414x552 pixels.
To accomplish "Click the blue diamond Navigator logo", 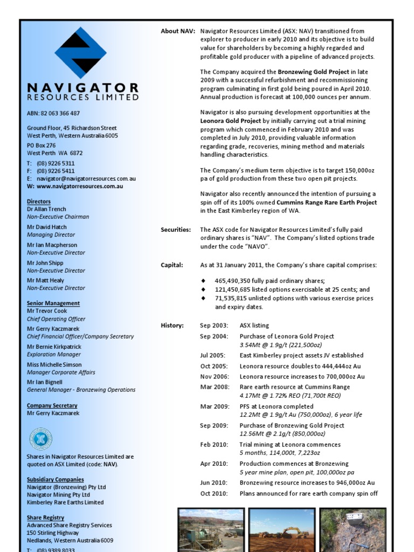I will point(81,52).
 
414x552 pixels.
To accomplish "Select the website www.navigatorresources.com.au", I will point(79,187).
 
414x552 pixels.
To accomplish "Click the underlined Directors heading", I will point(39,202).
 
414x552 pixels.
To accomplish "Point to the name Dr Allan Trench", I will point(47,209).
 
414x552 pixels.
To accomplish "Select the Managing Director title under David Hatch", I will point(51,235).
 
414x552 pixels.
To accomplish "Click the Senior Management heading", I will point(53,303).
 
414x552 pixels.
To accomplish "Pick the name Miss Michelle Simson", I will point(54,365).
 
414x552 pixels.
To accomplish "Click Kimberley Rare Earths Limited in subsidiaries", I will point(65,502).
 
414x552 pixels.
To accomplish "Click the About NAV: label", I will point(177,31).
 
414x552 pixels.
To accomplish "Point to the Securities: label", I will point(176,230).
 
